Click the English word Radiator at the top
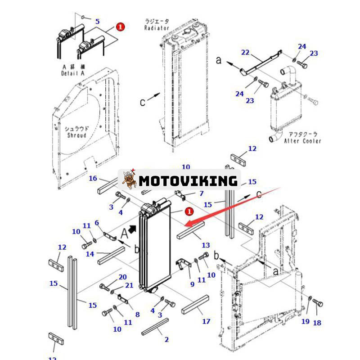click(157, 28)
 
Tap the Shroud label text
click(76, 135)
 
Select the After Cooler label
click(302, 141)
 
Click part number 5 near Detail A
click(97, 21)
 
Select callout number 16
click(93, 179)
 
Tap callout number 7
click(201, 193)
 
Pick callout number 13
click(206, 245)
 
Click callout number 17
click(206, 321)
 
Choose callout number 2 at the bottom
click(166, 339)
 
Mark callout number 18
click(317, 323)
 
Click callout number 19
click(305, 321)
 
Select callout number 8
click(137, 315)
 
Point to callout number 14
click(90, 254)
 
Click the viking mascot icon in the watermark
click(130, 180)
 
